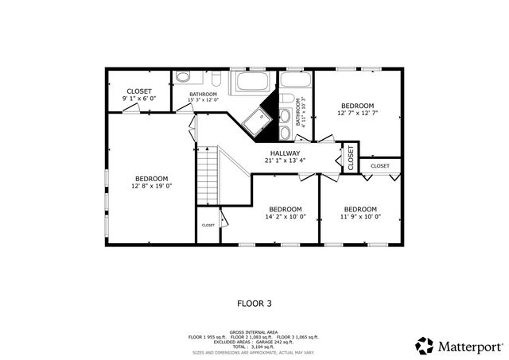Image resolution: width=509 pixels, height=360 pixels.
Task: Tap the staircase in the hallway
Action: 207,175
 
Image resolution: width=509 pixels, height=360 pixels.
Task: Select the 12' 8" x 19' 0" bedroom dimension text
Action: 151,186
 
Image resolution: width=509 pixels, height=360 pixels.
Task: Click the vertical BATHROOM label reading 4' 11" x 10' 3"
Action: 301,111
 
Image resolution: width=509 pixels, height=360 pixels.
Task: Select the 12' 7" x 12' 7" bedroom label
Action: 358,110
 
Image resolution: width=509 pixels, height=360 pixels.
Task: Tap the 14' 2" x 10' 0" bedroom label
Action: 285,213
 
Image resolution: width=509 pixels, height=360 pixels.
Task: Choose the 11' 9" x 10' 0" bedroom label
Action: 360,213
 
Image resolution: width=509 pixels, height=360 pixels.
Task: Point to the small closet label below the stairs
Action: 208,225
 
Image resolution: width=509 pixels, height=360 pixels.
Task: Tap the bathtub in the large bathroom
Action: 252,83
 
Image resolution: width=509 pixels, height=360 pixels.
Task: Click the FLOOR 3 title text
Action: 254,303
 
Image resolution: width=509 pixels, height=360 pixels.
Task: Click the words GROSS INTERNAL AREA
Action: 254,331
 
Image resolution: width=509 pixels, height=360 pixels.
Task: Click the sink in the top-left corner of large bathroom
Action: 183,78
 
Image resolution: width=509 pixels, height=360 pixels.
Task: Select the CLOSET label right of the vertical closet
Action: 380,166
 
